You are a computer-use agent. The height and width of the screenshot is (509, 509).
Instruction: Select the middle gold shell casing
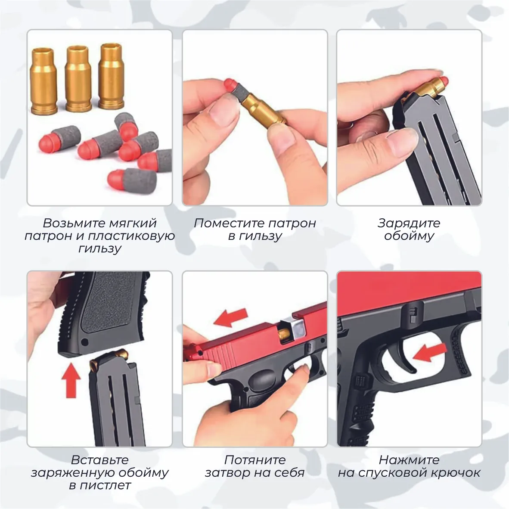coord(78,78)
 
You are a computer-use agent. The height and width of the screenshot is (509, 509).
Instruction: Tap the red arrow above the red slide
coord(231,317)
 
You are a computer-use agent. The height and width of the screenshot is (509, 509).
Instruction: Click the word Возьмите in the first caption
coord(71,223)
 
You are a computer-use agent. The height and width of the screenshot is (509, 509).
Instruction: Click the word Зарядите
coord(409,223)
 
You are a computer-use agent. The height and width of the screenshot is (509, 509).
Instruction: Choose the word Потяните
coord(255,460)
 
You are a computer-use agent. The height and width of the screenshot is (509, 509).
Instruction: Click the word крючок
coord(456,473)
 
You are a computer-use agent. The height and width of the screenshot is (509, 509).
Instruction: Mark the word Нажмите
coord(409,460)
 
